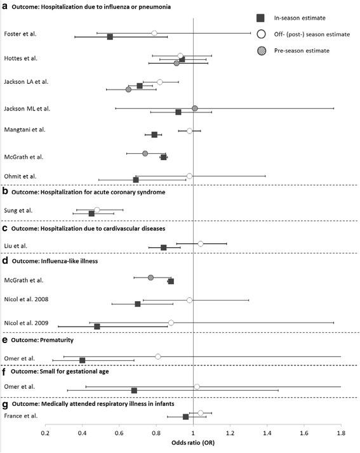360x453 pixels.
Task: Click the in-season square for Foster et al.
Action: [x=110, y=37]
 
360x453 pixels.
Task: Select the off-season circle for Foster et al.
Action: [x=154, y=33]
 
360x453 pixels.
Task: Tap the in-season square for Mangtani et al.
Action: [x=154, y=135]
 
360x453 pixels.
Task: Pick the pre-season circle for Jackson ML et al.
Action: [x=195, y=108]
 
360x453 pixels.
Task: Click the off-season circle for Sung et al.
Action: [x=97, y=210]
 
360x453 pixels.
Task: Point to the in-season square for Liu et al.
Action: [x=164, y=248]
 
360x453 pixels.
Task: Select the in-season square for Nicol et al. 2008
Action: [x=138, y=304]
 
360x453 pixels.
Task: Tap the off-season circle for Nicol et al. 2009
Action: [x=171, y=323]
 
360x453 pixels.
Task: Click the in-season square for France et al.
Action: [x=186, y=417]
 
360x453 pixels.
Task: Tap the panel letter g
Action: [x=5, y=403]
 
